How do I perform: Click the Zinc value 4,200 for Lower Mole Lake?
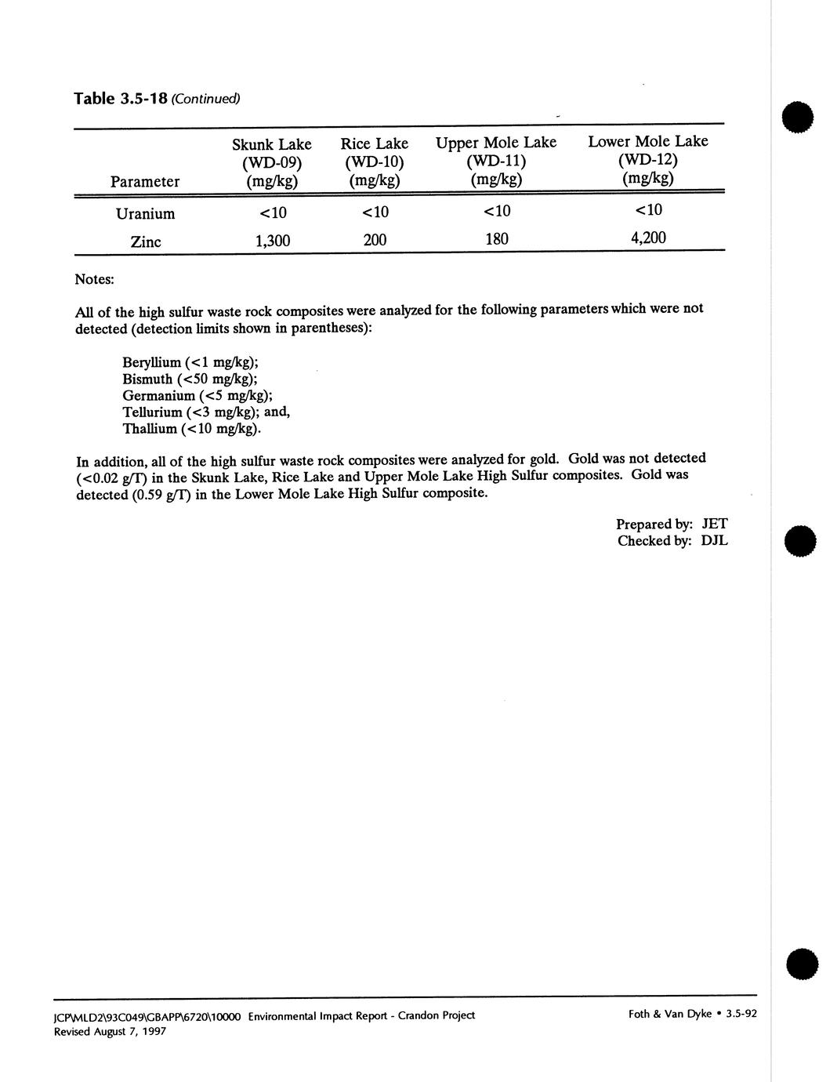tap(648, 238)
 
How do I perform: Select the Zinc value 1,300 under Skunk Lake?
tap(273, 241)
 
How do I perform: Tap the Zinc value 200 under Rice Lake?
tap(375, 240)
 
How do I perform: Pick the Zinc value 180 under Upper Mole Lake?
tap(497, 238)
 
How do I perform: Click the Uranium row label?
tap(145, 214)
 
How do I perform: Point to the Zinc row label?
tap(146, 241)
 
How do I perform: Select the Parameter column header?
tap(145, 182)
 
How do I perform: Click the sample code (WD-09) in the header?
tap(272, 163)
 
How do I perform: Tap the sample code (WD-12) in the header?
tap(647, 160)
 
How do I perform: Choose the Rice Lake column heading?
tap(374, 143)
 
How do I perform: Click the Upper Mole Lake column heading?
tap(496, 143)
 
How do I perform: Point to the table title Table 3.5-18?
tap(121, 99)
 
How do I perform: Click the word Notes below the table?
tap(94, 279)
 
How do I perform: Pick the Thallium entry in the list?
tap(192, 429)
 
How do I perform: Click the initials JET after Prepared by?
tap(714, 524)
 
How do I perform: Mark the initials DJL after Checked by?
tap(714, 541)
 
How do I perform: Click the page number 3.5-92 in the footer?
tap(741, 1014)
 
